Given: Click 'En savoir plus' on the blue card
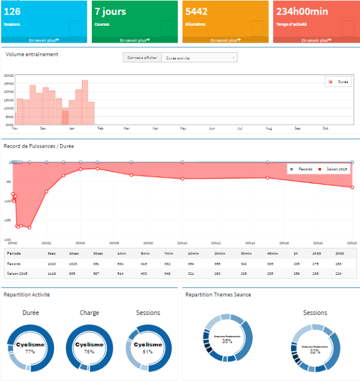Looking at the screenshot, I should click(44, 40).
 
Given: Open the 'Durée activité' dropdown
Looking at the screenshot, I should click(199, 58).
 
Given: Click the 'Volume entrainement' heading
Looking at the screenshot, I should click(32, 55).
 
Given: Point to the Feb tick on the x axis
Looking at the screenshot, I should click(100, 128).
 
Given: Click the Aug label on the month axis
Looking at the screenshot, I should click(269, 128).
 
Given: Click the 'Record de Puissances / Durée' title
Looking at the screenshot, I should click(38, 146).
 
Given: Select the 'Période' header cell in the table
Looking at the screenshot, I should click(14, 254).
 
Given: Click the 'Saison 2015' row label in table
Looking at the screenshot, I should click(18, 273).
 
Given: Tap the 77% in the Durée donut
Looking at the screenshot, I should click(31, 352).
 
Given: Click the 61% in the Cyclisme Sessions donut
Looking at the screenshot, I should click(148, 352).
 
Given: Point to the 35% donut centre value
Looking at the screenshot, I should click(227, 341).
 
